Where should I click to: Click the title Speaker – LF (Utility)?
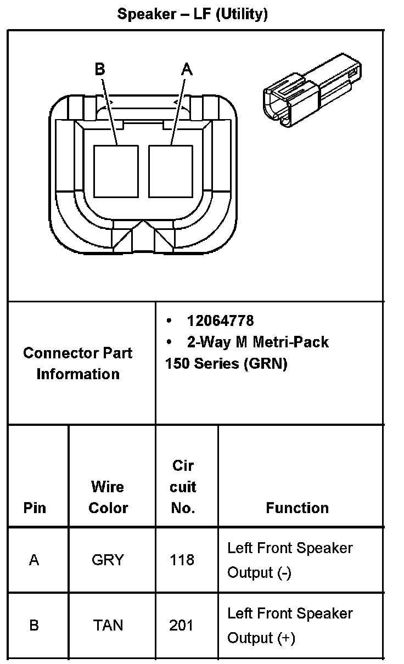coord(192,15)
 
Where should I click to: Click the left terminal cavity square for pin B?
coord(115,171)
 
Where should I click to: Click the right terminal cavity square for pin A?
coord(170,171)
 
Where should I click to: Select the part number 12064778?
coord(220,320)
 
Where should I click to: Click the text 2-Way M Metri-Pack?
coord(257,342)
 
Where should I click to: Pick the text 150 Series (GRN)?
coord(226,363)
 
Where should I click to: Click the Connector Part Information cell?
coord(78,363)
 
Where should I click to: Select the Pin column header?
coord(35,508)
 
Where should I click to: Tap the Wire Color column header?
coord(108,497)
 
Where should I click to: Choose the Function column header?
coord(297,508)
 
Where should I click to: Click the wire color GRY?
coord(108,560)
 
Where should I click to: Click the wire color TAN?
coord(108,625)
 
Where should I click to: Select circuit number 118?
coord(182,560)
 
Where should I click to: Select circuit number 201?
coord(182,625)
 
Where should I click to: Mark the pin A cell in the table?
coord(34,560)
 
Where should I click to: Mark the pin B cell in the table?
coord(34,625)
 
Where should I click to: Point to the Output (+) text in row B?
coord(261,638)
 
